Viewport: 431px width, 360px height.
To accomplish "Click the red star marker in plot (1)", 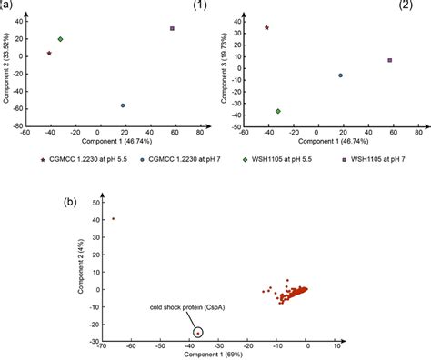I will (50, 54).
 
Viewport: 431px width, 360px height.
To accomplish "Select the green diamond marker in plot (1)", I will (60, 39).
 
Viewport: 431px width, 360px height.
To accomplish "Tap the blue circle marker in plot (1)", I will (123, 105).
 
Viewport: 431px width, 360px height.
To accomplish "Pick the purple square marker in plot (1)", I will (172, 29).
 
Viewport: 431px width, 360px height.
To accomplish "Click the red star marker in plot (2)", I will (266, 28).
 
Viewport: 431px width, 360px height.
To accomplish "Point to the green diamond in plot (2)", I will (277, 111).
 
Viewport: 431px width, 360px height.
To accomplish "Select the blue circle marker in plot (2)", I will (340, 75).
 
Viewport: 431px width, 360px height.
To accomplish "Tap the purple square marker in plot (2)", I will (389, 60).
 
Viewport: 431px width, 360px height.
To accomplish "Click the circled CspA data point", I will (198, 333).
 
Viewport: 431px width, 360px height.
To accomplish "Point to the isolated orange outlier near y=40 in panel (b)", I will (113, 218).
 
